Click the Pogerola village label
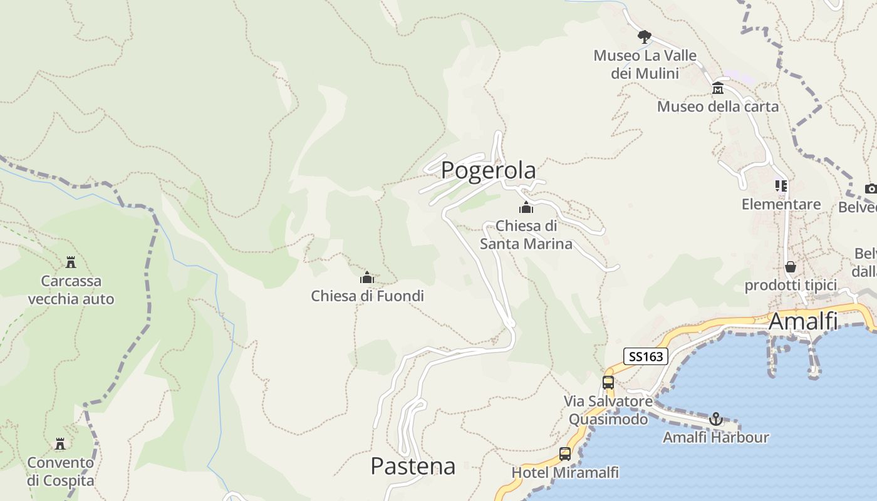489,170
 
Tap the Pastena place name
413,466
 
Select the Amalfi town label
802,321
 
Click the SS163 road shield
646,357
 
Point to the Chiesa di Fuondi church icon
367,277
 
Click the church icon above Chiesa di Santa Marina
526,207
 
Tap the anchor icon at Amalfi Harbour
716,419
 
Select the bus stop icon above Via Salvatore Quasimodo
608,382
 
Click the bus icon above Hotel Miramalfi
565,454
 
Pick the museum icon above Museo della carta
718,88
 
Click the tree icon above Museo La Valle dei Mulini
645,36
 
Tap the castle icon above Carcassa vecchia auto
71,262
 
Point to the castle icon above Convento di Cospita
60,443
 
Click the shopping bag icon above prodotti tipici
791,267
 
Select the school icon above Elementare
781,185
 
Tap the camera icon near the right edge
871,188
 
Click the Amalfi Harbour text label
716,437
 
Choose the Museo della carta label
718,106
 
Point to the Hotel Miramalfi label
565,472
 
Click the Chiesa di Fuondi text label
367,296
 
